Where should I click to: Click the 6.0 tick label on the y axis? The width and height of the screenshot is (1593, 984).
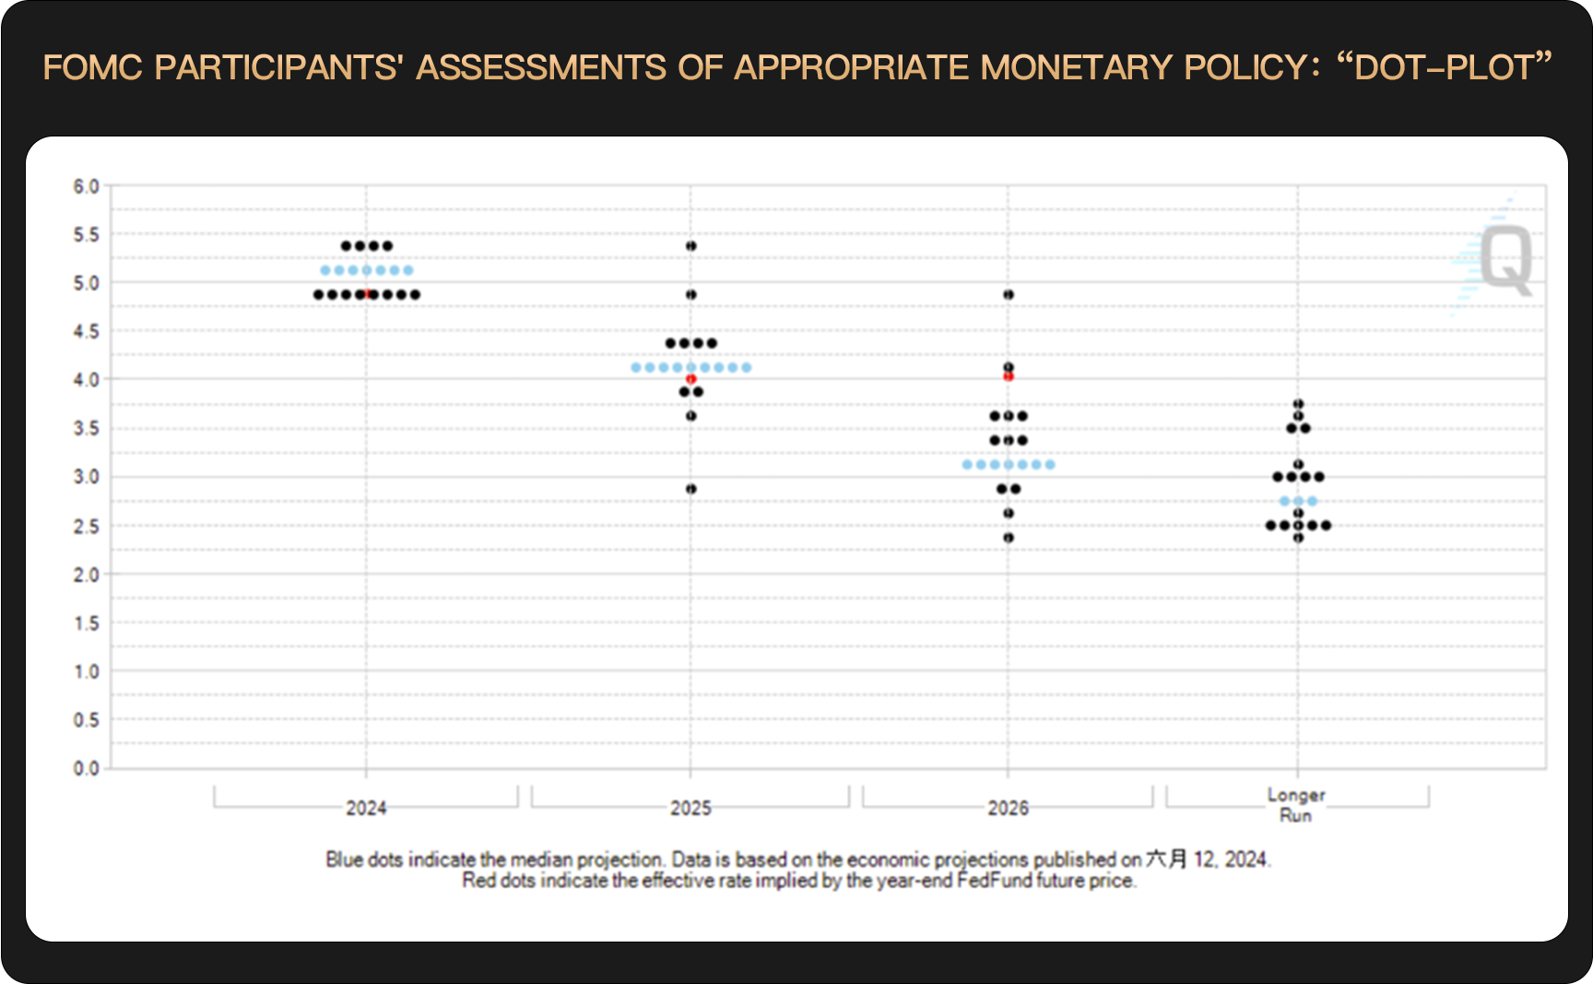click(x=86, y=186)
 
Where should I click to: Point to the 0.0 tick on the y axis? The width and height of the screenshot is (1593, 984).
click(x=86, y=768)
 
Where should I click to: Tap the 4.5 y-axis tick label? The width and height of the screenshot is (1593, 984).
click(x=86, y=331)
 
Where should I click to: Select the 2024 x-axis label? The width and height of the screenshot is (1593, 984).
click(x=366, y=808)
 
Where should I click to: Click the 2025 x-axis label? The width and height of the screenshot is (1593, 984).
click(x=690, y=808)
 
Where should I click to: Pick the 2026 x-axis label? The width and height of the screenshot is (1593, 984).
click(x=1008, y=808)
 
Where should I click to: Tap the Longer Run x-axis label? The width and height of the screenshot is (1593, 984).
click(x=1296, y=805)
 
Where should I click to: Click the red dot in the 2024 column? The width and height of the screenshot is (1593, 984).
click(x=368, y=293)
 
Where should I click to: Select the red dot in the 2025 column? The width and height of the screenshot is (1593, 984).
click(x=690, y=379)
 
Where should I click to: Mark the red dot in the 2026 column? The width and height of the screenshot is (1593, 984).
click(x=1008, y=375)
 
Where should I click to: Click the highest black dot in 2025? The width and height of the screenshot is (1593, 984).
click(x=690, y=246)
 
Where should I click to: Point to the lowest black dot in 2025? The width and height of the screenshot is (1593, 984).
click(x=690, y=489)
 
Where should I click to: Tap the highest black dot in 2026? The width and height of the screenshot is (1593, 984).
click(x=1008, y=294)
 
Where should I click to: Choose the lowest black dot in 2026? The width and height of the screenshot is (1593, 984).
click(x=1008, y=538)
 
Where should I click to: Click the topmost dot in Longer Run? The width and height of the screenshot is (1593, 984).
click(x=1298, y=404)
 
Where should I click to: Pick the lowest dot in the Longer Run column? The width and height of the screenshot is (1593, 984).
click(x=1298, y=538)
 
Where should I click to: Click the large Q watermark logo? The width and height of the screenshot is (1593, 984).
click(x=1505, y=260)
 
